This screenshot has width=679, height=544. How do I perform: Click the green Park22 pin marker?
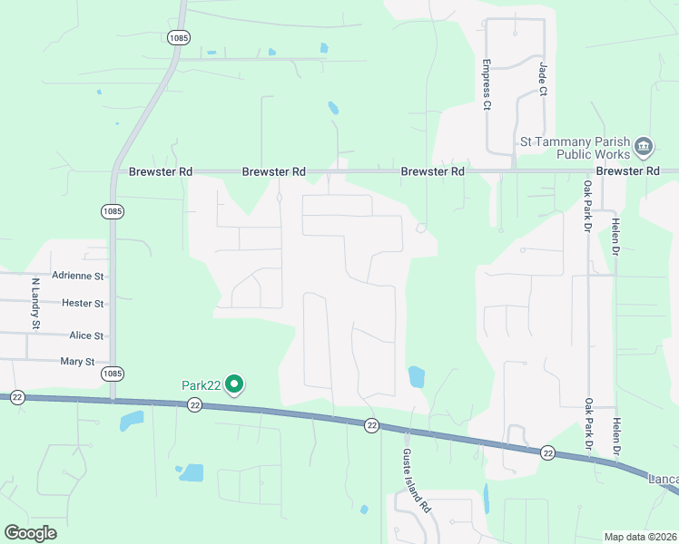(235, 385)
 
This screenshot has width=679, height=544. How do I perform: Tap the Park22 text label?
(202, 385)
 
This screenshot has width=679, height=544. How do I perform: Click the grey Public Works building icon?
(644, 146)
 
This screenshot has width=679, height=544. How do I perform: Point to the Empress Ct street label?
(487, 85)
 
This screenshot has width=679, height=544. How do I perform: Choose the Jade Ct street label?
(543, 79)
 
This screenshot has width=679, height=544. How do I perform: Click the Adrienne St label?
(79, 275)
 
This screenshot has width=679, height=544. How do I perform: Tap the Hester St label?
(83, 303)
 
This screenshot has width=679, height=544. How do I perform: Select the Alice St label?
(86, 335)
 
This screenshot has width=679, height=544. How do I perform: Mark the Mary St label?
(77, 362)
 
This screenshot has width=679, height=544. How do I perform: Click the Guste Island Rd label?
(416, 480)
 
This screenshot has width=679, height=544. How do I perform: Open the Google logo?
(31, 532)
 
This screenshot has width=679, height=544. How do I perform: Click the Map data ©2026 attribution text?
(640, 537)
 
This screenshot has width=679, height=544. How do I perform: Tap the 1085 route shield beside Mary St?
(113, 374)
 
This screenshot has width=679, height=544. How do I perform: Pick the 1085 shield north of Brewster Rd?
(178, 37)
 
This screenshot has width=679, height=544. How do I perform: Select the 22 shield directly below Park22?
(195, 405)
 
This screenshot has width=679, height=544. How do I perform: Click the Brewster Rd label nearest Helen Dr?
(627, 170)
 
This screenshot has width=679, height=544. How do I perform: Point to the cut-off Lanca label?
(664, 478)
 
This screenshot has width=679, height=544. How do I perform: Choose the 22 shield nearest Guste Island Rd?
(371, 425)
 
